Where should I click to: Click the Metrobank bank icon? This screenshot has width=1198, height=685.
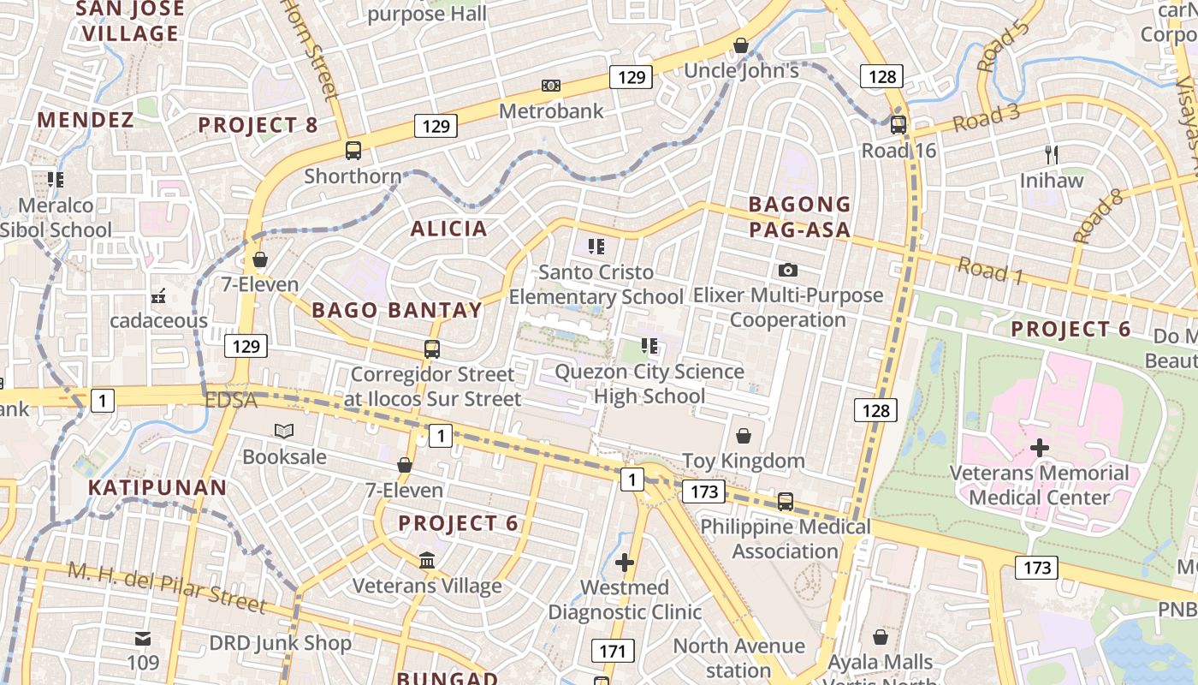click(551, 86)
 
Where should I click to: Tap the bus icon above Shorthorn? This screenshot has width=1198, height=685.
click(353, 151)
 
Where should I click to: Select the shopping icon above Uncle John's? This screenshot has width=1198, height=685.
click(741, 45)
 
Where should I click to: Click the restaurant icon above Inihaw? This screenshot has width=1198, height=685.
click(1052, 155)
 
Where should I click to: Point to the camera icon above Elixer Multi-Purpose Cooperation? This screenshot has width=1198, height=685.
click(788, 271)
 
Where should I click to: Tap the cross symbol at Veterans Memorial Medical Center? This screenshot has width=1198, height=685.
click(1040, 447)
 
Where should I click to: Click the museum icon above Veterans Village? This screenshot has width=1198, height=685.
click(426, 561)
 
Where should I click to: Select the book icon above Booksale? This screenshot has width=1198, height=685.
click(284, 431)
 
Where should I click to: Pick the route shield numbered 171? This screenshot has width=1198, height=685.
click(613, 651)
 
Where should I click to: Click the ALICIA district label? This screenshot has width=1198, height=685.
click(448, 229)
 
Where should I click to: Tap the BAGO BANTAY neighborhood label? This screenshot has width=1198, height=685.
click(397, 310)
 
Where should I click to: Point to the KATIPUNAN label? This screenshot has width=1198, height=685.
click(157, 488)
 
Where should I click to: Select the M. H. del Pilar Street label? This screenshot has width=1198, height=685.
click(167, 587)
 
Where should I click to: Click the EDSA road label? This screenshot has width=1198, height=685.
click(231, 401)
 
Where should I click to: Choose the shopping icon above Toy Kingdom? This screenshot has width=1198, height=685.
click(744, 436)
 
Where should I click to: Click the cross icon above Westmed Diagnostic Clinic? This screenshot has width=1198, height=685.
click(625, 563)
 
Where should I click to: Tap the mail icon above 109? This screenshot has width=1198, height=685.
click(143, 638)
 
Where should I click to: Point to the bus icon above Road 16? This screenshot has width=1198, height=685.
click(898, 125)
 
